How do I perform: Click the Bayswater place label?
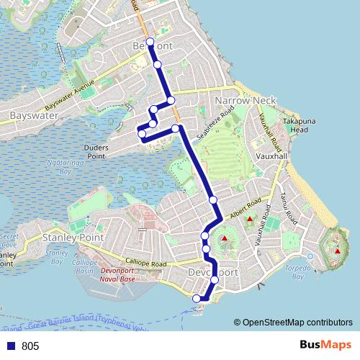click(x=30, y=115)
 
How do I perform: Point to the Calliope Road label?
click(x=145, y=264)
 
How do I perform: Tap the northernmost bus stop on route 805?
click(x=150, y=42)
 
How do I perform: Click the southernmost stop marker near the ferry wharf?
click(x=196, y=299)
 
